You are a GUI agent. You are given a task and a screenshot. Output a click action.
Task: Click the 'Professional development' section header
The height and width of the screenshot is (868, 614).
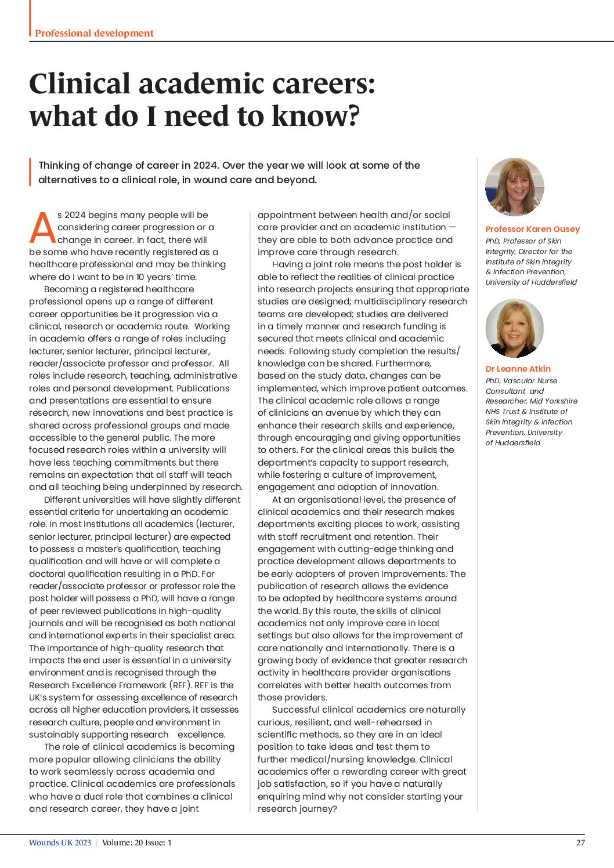(x=94, y=33)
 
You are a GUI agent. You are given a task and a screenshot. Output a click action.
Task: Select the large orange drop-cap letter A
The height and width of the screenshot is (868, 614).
(x=42, y=228)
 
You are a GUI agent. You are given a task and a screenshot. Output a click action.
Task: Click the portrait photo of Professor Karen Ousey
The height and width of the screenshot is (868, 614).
(x=514, y=187)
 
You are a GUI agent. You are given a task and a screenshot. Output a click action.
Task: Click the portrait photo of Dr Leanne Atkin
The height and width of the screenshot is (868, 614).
(x=514, y=328)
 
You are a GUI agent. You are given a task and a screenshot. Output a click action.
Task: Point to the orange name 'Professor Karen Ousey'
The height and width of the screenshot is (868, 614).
(x=532, y=229)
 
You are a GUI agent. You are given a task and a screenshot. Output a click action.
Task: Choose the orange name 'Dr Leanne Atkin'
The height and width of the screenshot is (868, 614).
(x=518, y=369)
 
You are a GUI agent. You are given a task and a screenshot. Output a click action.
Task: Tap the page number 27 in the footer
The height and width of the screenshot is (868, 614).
(x=580, y=842)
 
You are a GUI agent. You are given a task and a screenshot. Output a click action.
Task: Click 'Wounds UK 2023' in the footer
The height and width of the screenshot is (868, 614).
(x=60, y=842)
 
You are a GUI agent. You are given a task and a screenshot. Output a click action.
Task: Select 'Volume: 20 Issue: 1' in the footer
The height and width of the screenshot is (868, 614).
(x=137, y=842)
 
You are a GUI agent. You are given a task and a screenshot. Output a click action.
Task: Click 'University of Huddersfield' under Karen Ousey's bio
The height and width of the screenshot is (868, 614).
(x=531, y=282)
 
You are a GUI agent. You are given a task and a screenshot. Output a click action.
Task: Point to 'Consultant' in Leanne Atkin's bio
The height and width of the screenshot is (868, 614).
(x=504, y=391)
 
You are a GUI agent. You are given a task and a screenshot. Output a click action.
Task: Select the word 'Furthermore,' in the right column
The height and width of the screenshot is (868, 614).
(x=403, y=364)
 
